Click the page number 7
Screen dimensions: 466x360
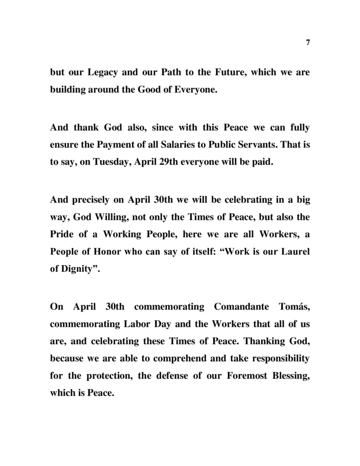pyautogui.click(x=308, y=42)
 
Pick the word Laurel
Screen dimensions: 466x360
pyautogui.click(x=296, y=251)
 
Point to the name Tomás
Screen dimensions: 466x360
pyautogui.click(x=294, y=307)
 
